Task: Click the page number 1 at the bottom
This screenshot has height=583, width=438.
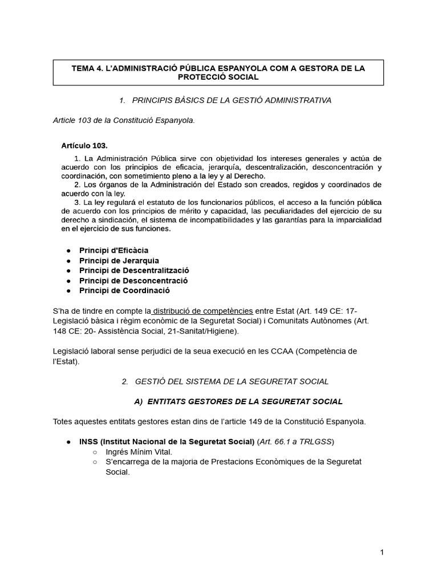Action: coord(382,552)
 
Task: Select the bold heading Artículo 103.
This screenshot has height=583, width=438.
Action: coord(84,146)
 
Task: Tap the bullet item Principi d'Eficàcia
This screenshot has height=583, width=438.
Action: coord(113,251)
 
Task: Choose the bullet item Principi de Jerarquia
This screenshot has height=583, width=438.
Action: coord(119,261)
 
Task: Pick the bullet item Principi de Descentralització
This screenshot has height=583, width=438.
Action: coord(134,270)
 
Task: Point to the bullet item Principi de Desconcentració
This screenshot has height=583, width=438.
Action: coord(133,281)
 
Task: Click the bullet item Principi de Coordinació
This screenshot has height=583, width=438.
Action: coord(124,290)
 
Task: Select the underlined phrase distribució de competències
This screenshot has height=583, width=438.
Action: coord(203,311)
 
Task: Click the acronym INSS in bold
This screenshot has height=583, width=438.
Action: coord(90,442)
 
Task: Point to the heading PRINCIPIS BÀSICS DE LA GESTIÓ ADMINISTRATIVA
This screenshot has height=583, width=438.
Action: coord(231,100)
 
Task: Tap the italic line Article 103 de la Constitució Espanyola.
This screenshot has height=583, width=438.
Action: coord(124,120)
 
